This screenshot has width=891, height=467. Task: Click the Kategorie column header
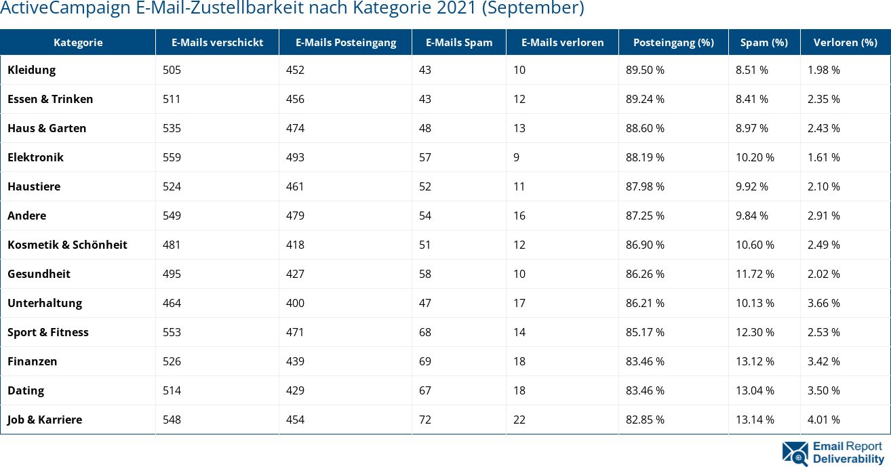tap(78, 42)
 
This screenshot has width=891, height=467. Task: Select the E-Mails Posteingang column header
tap(346, 42)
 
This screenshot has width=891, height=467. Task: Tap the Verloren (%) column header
tap(844, 42)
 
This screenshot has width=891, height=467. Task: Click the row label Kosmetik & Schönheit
tap(67, 245)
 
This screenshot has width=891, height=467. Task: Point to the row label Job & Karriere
tap(45, 420)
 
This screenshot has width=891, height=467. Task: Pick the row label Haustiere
tap(34, 186)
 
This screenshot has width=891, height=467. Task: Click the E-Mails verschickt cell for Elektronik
tap(172, 157)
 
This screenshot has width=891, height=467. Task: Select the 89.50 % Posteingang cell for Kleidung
tap(645, 70)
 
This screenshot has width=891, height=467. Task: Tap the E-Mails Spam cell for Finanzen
tap(425, 361)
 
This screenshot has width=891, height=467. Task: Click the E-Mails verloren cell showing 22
tap(519, 420)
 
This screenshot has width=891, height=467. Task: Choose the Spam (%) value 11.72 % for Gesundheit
tap(755, 274)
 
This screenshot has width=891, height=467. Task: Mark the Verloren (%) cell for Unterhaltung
tap(824, 303)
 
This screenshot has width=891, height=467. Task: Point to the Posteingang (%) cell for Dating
tap(645, 390)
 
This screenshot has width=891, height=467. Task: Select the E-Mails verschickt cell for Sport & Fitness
tap(172, 332)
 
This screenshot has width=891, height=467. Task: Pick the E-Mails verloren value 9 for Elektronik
tap(517, 157)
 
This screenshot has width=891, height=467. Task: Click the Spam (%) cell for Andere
tap(752, 216)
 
